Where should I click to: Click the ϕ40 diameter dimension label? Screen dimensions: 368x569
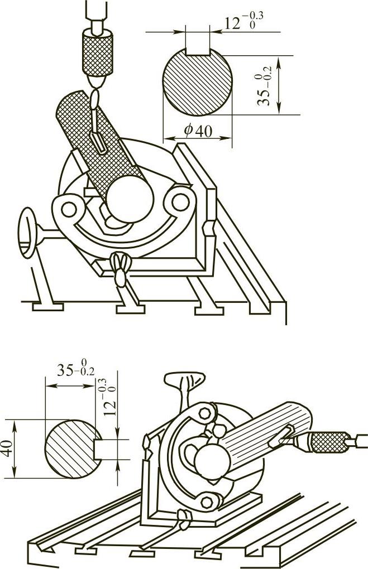[x=197, y=131]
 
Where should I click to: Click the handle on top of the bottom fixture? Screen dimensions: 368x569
[x=184, y=382]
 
